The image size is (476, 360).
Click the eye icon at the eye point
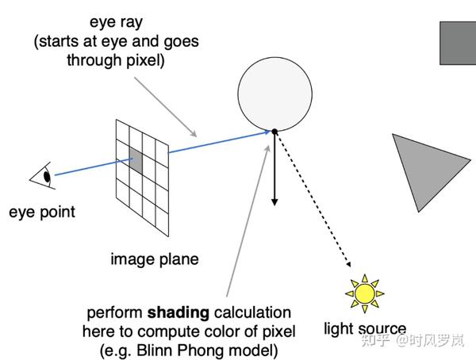coord(44,176)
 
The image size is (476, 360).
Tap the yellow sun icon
coord(364,293)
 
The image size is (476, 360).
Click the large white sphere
coord(274,90)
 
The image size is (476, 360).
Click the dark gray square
coord(458,42)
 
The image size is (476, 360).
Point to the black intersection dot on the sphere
coord(274,131)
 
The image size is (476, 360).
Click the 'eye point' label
coord(42,212)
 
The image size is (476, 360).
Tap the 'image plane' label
coord(155,259)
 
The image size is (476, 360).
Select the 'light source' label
coord(365,328)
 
